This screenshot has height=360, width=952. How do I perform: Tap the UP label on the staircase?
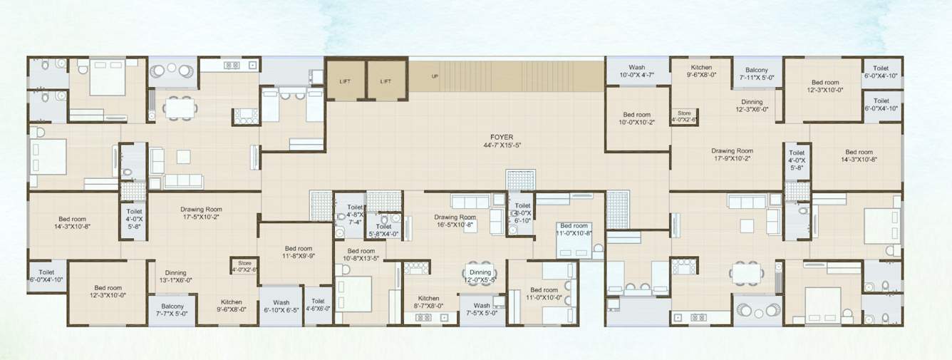coord(434,76)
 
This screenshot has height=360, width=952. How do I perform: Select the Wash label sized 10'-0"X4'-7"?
coord(636,71)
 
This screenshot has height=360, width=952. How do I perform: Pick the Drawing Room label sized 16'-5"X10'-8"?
coord(455,221)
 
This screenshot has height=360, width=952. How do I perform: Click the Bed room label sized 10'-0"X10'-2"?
coord(636,119)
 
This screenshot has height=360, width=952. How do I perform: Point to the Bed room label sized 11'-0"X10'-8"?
coord(574,229)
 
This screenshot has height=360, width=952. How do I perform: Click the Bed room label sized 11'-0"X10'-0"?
coord(544,294)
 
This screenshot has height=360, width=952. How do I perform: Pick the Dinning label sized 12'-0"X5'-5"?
coord(480,276)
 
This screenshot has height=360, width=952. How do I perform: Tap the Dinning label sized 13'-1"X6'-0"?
coord(175,277)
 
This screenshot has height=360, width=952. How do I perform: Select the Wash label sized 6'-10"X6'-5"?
coord(281,306)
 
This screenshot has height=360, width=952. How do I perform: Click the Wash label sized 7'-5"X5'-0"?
coord(482,309)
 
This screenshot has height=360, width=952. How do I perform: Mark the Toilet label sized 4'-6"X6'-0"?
coord(318,306)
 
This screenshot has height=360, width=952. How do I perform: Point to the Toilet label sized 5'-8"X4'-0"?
coord(383,230)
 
